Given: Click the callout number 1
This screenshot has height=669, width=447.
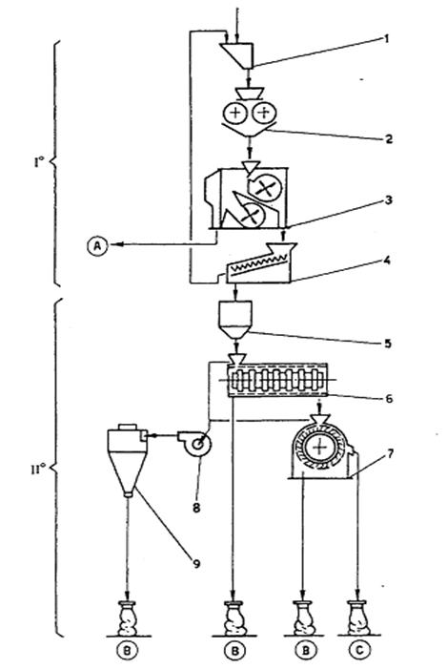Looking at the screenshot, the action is tap(387, 39).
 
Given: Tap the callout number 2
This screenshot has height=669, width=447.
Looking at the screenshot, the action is tap(388, 139).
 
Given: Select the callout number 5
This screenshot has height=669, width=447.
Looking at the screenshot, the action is tap(387, 344).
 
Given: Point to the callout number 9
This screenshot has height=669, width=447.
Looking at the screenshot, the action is tap(196, 564).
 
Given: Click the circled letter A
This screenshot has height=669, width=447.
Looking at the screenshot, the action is tap(98, 246).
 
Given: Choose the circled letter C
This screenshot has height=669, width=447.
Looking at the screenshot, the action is tap(360, 650).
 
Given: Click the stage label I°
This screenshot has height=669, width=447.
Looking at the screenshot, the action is tap(39, 162).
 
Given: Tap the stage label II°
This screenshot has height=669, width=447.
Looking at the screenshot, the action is tap(38, 470).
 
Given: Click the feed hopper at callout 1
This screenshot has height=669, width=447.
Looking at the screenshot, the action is tap(238, 54).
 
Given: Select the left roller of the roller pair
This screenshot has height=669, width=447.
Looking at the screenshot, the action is tap(234, 113).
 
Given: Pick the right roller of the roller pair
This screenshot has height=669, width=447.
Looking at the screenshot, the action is tap(264, 113).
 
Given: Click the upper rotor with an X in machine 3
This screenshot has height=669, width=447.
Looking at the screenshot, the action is tap(265, 188).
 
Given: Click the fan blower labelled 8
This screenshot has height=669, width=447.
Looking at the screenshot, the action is tap(195, 444).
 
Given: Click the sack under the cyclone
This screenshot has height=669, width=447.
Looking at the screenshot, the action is tap(128, 617).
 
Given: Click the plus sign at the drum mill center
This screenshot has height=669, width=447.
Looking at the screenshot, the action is tap(318, 448).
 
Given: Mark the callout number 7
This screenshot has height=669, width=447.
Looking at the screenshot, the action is tap(391, 453).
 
